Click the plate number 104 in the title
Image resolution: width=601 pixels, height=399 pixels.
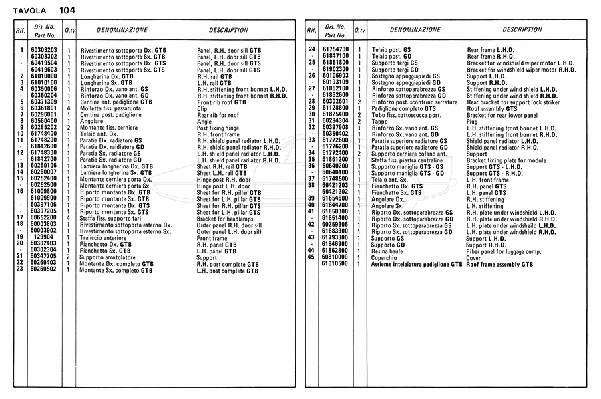67,10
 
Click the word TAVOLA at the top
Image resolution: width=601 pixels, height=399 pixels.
30,10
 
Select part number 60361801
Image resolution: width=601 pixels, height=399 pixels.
44,108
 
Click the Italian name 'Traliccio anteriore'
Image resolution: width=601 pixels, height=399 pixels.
103,237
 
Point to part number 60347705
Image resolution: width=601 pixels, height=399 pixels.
44,257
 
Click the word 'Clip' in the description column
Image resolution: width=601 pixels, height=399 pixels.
202,108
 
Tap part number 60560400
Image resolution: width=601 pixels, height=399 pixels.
44,121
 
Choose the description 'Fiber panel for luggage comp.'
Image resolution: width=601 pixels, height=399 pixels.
504,250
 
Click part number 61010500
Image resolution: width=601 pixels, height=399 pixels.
335,263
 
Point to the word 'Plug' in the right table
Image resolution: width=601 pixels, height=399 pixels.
472,121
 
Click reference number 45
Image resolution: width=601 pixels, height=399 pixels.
311,257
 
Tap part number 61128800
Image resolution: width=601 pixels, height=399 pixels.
335,108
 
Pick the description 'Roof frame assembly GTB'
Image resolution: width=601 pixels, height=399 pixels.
499,263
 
